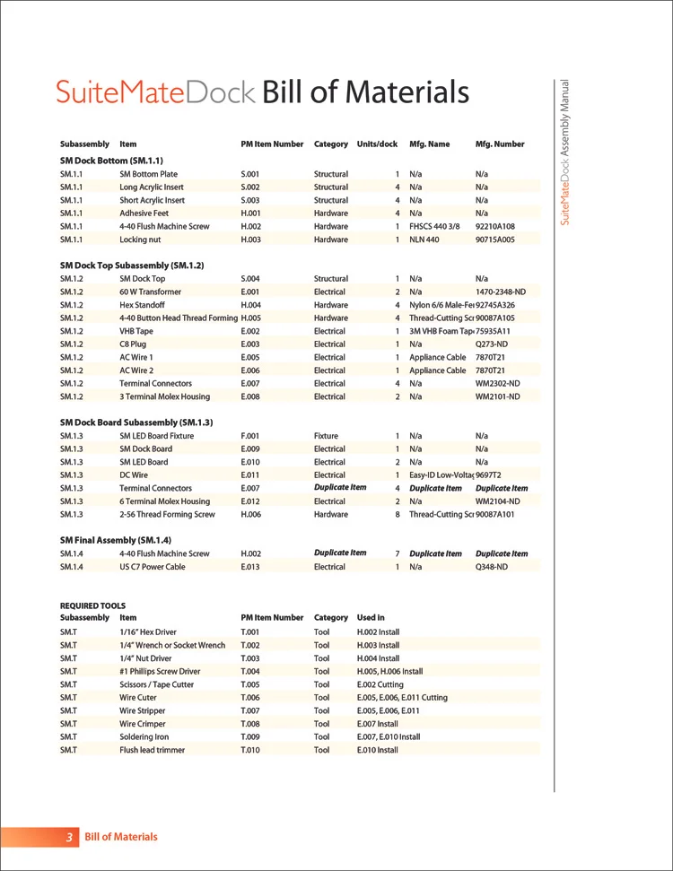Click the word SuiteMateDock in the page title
pyautogui.click(x=155, y=92)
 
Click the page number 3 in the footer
pyautogui.click(x=69, y=837)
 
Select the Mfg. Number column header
pyautogui.click(x=499, y=144)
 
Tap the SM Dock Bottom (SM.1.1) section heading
pyautogui.click(x=111, y=160)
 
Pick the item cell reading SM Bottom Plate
pyautogui.click(x=148, y=174)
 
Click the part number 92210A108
pyautogui.click(x=494, y=227)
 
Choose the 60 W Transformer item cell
pyautogui.click(x=150, y=292)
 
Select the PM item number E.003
pyautogui.click(x=250, y=344)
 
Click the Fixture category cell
pyautogui.click(x=326, y=436)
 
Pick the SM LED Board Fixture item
pyautogui.click(x=156, y=436)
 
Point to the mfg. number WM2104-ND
pyautogui.click(x=497, y=501)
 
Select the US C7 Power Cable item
pyautogui.click(x=152, y=567)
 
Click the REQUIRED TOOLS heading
pyautogui.click(x=92, y=605)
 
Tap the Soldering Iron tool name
pyautogui.click(x=144, y=737)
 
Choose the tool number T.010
pyautogui.click(x=250, y=750)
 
